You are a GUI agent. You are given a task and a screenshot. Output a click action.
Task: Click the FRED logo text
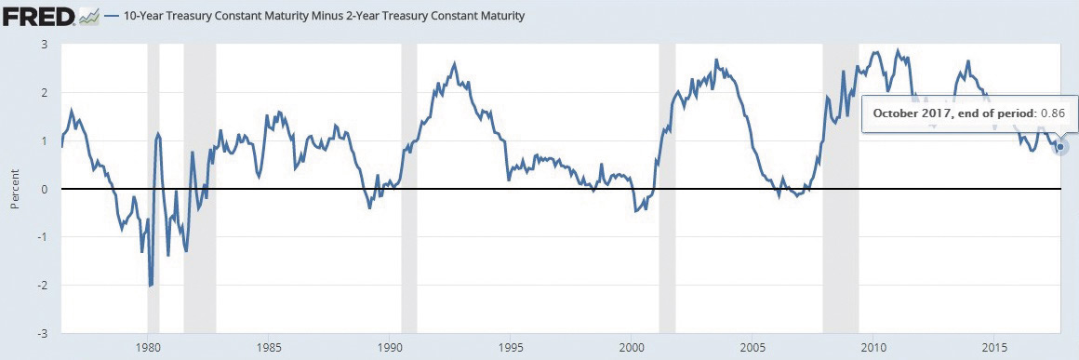click(x=37, y=17)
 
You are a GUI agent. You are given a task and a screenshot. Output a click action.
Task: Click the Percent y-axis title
click(x=15, y=189)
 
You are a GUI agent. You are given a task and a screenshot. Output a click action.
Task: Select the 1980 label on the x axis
click(x=147, y=347)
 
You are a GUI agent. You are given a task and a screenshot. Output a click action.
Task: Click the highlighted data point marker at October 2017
click(x=1060, y=147)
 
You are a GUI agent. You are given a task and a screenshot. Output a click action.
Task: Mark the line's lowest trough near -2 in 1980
click(x=150, y=285)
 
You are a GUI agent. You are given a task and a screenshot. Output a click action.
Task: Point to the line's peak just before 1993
click(x=454, y=63)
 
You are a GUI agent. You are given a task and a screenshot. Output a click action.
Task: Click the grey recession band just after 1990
click(x=408, y=189)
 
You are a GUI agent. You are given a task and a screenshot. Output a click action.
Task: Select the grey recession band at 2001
click(x=667, y=189)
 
